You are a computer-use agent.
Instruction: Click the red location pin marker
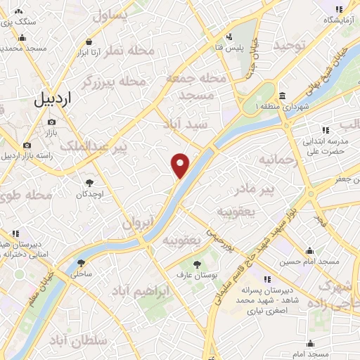click(x=181, y=165)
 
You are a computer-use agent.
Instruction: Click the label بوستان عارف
click(x=189, y=274)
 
